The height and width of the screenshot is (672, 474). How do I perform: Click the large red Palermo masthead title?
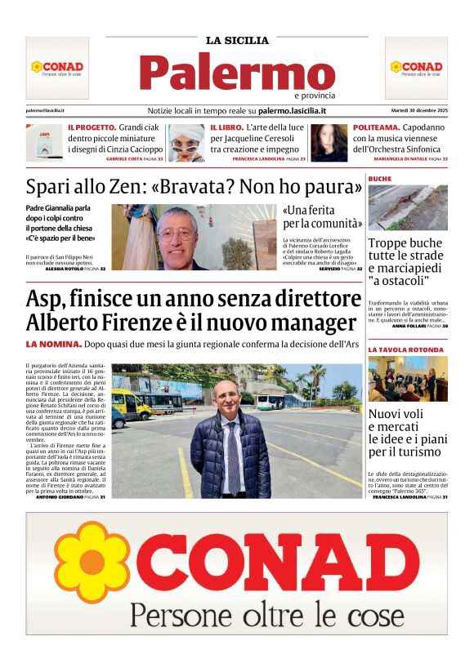pos(237,73)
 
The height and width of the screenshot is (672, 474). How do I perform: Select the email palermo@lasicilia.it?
pos(45,110)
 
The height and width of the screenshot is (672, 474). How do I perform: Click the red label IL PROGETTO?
pos(92,128)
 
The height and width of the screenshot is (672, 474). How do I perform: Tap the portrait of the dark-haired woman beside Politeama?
pos(329,143)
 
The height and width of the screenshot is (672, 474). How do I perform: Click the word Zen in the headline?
pos(114,187)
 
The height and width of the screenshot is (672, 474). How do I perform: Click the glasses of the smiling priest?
pos(177,233)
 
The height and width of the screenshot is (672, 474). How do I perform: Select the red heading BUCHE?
pos(380,178)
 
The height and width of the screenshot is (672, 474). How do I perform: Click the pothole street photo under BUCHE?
pos(407,207)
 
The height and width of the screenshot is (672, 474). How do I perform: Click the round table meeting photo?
pos(407,378)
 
